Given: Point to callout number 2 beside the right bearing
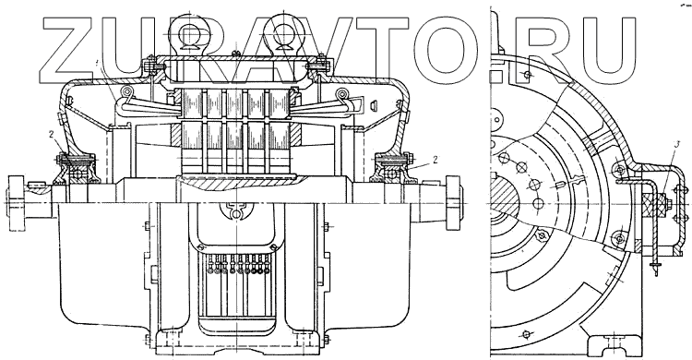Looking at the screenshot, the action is click(435, 160).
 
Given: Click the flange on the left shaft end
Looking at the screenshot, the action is click(15, 203).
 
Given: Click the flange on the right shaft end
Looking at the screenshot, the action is click(454, 203).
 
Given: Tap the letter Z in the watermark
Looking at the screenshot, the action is click(68, 51).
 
